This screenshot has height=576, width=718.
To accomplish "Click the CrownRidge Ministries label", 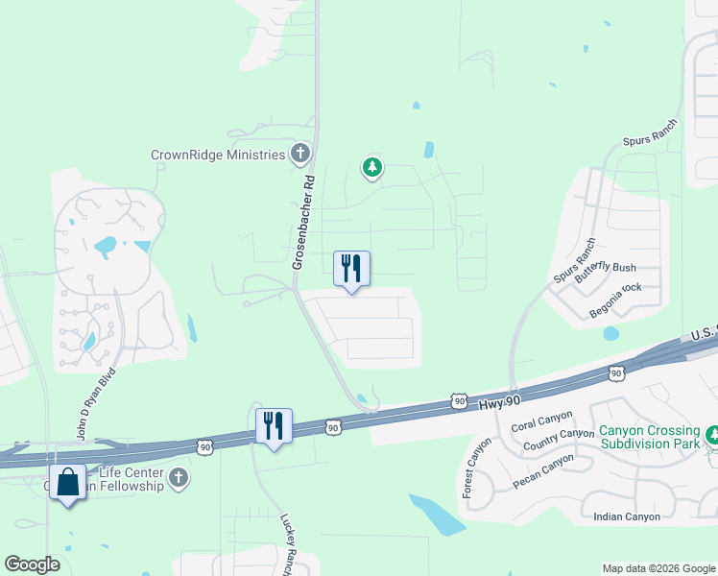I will (218, 154).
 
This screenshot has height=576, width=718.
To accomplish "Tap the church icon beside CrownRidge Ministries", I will (300, 154).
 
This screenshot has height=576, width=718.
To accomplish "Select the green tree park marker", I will (371, 168).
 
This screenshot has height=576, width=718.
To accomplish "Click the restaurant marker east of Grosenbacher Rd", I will (351, 268).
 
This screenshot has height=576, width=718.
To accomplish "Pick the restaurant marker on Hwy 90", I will (275, 425).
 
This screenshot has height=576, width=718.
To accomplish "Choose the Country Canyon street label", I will (560, 438).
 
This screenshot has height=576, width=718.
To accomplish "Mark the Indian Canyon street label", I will (627, 516).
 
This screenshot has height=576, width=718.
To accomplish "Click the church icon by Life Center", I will (177, 476).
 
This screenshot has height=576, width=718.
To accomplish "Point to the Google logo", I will (32, 564).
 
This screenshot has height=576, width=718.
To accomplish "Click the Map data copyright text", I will (658, 568).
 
